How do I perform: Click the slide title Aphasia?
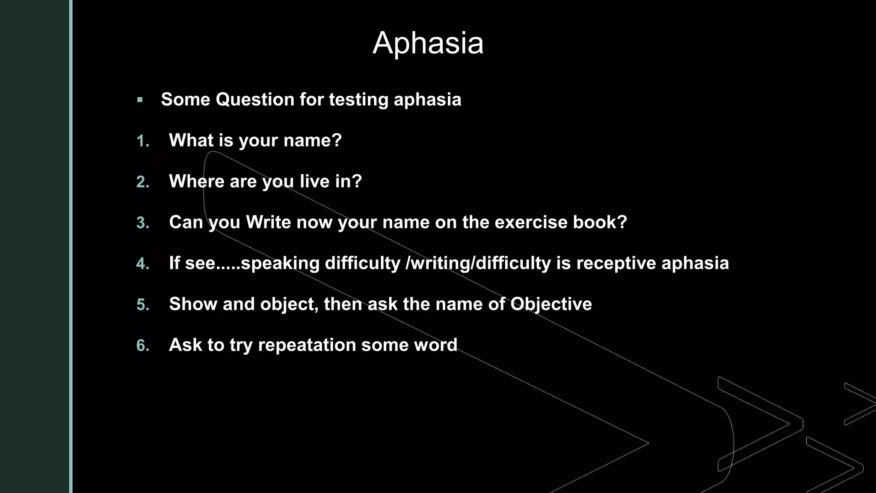point(428,43)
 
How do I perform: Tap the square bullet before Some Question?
point(140,100)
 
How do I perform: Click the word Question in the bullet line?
point(255,100)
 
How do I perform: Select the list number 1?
point(143,141)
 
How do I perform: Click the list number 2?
point(143,182)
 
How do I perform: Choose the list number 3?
point(143,223)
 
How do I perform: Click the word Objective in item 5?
point(551,304)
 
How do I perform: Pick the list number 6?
point(143,346)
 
